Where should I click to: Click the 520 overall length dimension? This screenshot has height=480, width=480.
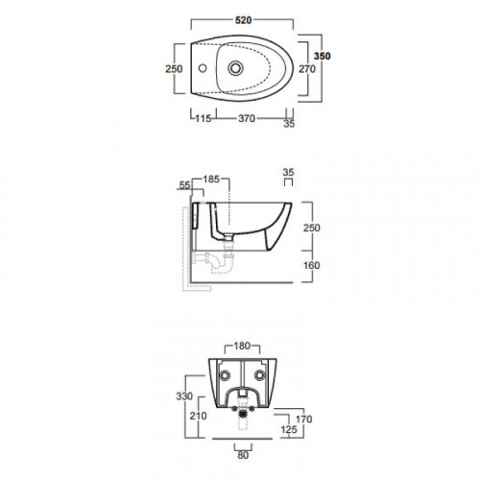coord(244,20)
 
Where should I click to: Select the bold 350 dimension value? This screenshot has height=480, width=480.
coord(322,56)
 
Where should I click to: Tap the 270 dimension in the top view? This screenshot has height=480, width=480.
coord(307,69)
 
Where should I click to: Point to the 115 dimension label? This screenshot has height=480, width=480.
coord(204,119)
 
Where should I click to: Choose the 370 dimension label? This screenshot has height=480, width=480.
coord(247,119)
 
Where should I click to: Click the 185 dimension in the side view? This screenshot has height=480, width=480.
coord(211,180)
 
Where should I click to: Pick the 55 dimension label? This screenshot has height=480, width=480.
coord(184,185)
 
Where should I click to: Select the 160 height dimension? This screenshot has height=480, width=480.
coord(311,265)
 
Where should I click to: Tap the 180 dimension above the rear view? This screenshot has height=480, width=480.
coord(242,346)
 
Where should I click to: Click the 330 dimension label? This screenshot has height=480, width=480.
coord(184,396)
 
